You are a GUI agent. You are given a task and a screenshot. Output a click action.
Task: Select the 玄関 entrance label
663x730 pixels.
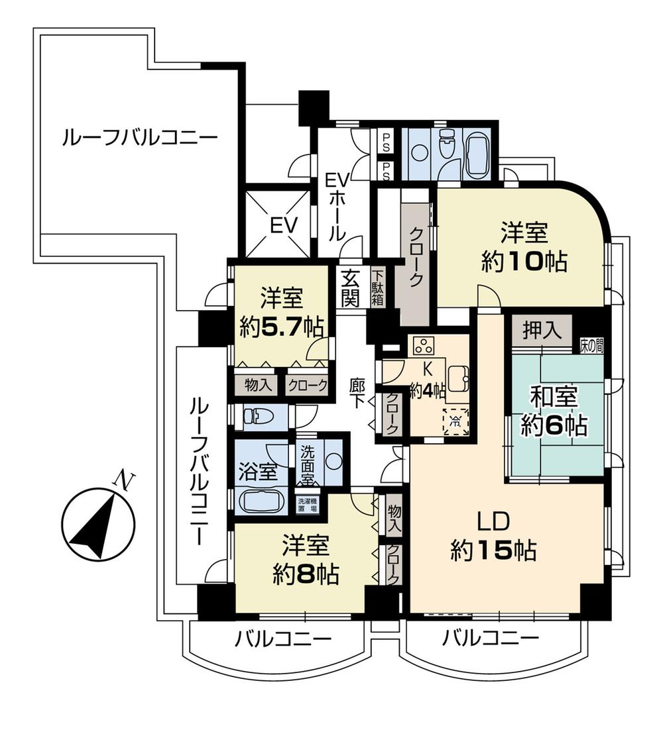click(x=351, y=287)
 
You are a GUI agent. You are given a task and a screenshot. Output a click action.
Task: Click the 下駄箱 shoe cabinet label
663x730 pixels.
click(x=377, y=287)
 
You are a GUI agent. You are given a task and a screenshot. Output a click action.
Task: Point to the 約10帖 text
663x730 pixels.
click(x=524, y=262)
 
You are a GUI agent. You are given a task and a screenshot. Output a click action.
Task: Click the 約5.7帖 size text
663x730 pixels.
click(x=281, y=327)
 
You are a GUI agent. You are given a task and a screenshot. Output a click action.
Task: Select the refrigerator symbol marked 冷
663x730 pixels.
click(x=455, y=419)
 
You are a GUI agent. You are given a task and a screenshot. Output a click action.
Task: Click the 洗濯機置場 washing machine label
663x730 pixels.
click(x=307, y=505)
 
